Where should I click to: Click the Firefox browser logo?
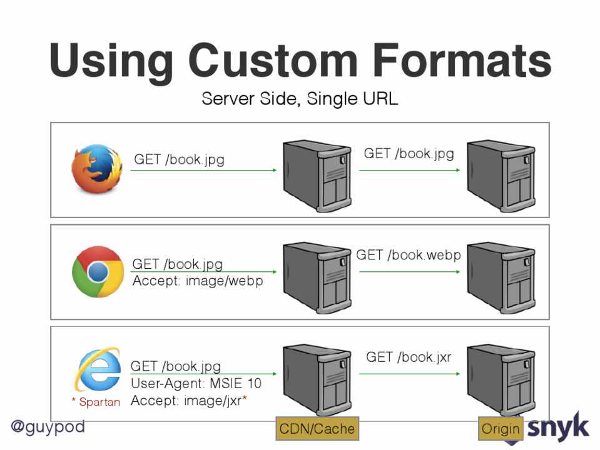(96, 167)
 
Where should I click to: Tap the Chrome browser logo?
(98, 271)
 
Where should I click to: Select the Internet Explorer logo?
(98, 369)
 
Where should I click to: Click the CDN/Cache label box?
(317, 428)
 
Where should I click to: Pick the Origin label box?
(501, 428)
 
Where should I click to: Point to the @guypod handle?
(48, 427)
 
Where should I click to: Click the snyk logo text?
(558, 427)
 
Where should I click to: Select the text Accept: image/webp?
(198, 281)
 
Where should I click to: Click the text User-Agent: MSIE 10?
(196, 383)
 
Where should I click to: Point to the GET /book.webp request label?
(409, 255)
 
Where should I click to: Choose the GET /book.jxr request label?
(409, 357)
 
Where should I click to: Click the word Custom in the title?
(273, 61)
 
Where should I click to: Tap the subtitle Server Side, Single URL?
(300, 99)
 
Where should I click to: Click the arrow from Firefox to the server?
(203, 170)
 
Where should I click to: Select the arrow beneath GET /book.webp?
(410, 271)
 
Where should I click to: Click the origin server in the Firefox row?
(501, 173)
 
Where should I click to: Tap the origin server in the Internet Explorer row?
(501, 378)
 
